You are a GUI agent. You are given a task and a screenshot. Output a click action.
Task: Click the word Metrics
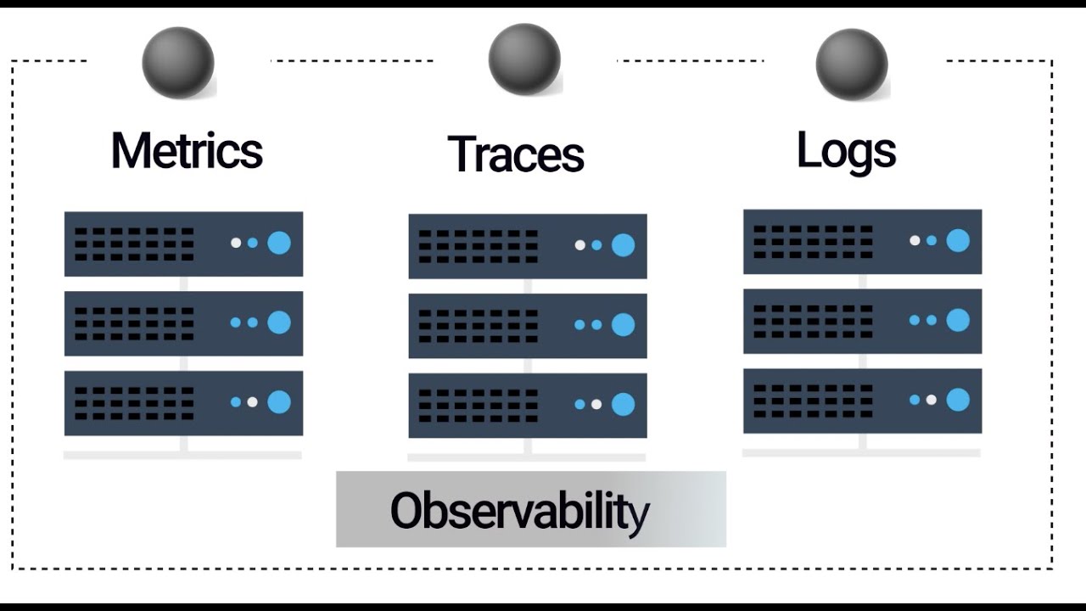[x=187, y=151]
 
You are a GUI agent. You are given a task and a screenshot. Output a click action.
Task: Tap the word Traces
[x=516, y=154]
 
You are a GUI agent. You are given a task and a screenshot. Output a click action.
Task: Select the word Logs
[x=846, y=151]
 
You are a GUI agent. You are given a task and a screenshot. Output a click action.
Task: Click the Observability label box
[x=531, y=509]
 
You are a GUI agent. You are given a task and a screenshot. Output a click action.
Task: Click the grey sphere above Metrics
[x=178, y=63]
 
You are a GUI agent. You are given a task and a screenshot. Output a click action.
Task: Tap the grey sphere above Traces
[x=524, y=59]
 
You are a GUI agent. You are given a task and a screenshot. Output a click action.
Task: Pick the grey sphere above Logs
[x=851, y=64]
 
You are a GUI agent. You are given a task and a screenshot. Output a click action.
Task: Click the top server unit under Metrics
[x=183, y=244]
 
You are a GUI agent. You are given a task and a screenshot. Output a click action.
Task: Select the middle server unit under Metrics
[x=183, y=323]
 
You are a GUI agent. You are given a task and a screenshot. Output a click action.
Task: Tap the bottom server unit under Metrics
[x=183, y=403]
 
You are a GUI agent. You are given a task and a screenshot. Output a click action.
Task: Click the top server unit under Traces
[x=528, y=246]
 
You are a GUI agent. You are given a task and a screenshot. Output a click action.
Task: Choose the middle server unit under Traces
[x=528, y=326]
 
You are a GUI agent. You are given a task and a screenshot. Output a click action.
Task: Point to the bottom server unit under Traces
[x=528, y=406]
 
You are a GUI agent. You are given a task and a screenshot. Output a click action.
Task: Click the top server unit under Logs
[x=862, y=242]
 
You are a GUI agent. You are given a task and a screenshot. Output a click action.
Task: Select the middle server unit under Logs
[x=862, y=321]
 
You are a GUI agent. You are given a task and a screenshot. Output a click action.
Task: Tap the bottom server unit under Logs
[x=862, y=401]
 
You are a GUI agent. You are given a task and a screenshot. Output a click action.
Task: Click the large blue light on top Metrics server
[x=279, y=243]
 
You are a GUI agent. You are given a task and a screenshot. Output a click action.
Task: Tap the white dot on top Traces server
[x=579, y=245]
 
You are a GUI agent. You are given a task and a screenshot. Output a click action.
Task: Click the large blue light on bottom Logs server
[x=958, y=399]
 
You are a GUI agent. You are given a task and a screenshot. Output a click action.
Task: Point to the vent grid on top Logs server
[x=813, y=242]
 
